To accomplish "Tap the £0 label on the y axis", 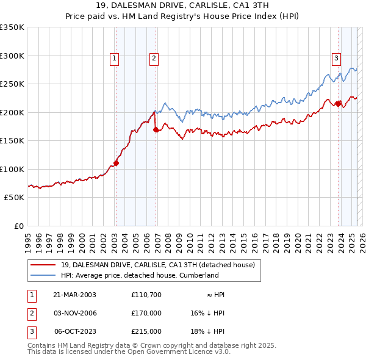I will pos(18,226).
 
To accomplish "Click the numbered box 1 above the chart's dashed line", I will pos(115,59).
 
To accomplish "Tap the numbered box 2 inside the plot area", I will pos(154,59).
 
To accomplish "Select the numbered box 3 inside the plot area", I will pos(336,59).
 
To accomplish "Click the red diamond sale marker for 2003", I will pos(116,163).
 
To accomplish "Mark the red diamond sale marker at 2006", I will pos(156,129).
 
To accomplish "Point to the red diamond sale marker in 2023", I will pos(338,104).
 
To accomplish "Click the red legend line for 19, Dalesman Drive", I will pos(43,265).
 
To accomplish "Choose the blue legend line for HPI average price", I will pos(43,275).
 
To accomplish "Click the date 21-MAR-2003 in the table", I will pos(74,295).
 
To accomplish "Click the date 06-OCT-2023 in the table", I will pos(75,331).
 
